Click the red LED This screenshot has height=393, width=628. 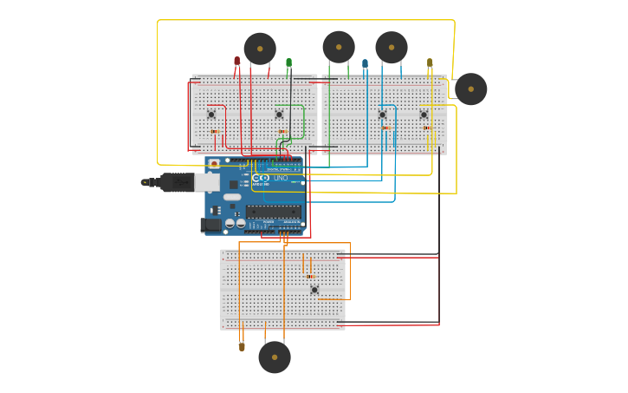(236, 62)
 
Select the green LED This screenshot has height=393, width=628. (288, 62)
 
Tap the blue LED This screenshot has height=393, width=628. (365, 63)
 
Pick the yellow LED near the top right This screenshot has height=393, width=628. (430, 62)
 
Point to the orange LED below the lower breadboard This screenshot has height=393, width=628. (242, 346)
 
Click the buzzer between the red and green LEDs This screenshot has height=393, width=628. (260, 49)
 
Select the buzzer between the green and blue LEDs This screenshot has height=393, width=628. (339, 47)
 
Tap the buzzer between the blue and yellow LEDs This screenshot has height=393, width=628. (392, 48)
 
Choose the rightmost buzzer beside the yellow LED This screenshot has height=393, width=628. (470, 89)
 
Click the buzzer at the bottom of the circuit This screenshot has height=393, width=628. (275, 357)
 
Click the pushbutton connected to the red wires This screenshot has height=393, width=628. (210, 115)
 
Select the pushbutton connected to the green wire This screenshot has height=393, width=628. (279, 115)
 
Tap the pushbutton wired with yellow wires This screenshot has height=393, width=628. (424, 115)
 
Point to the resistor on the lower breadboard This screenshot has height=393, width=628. (309, 276)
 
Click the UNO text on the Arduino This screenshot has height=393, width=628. (281, 178)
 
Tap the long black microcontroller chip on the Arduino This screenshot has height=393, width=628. (273, 212)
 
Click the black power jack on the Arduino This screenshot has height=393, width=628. (210, 226)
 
